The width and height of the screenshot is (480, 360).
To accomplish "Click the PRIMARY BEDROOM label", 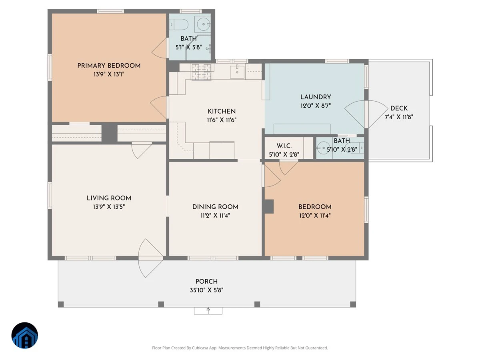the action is (x=109, y=66).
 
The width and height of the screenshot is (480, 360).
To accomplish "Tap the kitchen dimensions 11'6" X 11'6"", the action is (x=222, y=120).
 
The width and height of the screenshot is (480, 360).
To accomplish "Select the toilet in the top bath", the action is (x=179, y=24).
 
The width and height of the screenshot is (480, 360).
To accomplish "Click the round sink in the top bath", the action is (x=204, y=24).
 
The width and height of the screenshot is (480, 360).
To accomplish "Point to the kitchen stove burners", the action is (x=202, y=72).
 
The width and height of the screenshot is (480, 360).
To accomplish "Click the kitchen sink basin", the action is (x=237, y=72).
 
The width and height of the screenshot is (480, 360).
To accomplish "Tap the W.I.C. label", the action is (x=284, y=146).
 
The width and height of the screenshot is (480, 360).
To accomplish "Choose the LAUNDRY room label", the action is (x=316, y=97).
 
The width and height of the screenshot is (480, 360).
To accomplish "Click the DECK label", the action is (x=399, y=108).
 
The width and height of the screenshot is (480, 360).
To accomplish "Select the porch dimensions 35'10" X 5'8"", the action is (x=206, y=290).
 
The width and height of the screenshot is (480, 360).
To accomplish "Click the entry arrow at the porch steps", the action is (x=208, y=311).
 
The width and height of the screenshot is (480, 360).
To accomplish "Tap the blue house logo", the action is (x=25, y=335).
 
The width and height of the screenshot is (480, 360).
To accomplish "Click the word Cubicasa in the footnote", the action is (x=200, y=348).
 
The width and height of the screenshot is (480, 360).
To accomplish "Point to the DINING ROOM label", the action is (x=215, y=207).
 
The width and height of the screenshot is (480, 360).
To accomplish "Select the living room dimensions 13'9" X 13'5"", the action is (x=109, y=206).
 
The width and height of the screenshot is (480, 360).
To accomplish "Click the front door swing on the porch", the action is (x=150, y=258).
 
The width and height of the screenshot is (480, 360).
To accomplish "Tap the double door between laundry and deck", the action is (x=366, y=114).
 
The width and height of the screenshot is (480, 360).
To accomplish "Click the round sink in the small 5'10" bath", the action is (x=324, y=148).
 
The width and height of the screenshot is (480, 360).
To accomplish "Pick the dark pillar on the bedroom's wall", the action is (x=269, y=206).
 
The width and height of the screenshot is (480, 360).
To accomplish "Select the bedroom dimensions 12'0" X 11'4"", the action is (x=315, y=216).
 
